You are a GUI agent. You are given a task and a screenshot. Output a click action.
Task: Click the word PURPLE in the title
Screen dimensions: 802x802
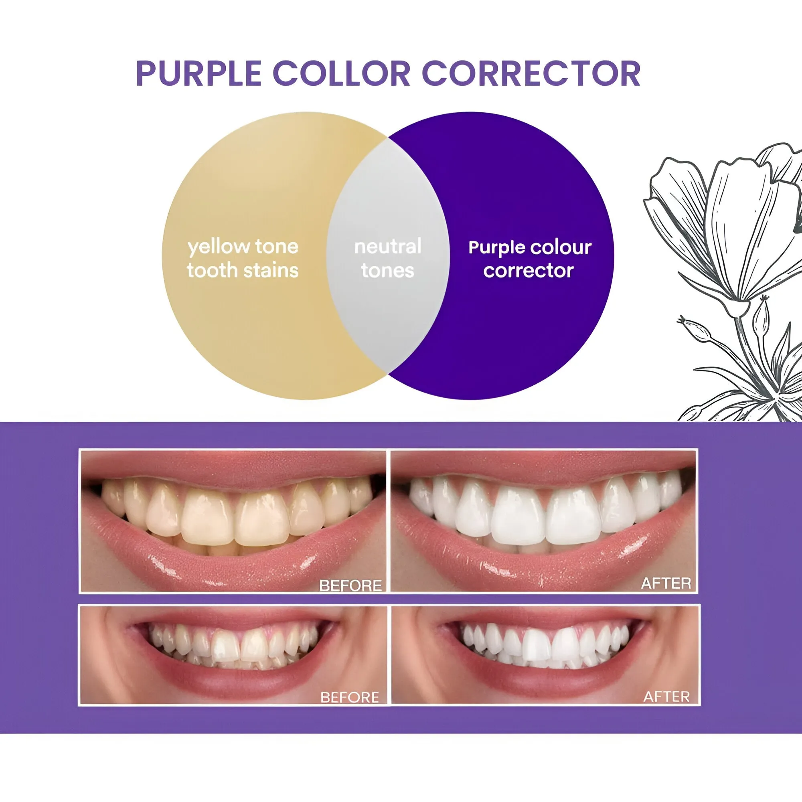coord(198,73)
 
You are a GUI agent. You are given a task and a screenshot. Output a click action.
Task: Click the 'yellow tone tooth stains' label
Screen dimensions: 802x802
coord(243,258)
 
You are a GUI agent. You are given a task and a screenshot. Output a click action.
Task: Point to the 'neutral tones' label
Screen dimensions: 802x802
coord(388,258)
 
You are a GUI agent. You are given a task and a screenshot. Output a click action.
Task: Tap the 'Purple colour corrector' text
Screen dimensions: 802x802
coord(529,259)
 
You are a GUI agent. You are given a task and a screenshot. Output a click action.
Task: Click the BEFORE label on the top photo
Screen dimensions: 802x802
coord(350,585)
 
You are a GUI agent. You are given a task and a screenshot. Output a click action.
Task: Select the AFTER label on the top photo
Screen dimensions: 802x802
coord(666,583)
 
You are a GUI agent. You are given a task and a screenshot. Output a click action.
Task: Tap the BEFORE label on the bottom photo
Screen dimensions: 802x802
coord(350,697)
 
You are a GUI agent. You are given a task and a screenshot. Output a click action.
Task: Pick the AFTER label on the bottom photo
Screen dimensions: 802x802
coord(666,697)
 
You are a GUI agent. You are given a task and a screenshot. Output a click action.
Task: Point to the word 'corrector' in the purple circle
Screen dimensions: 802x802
coord(529,271)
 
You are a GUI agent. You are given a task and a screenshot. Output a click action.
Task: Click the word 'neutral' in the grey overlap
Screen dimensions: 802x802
coord(388,247)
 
